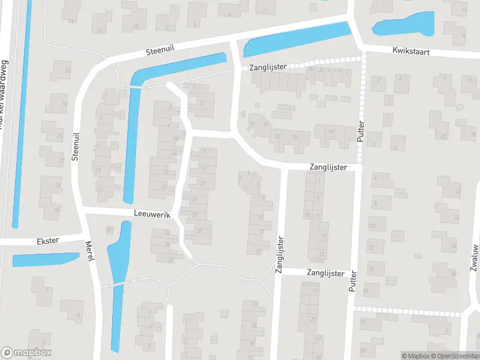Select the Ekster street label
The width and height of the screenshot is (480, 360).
point(47,241)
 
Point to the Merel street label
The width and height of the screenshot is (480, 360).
point(90,251)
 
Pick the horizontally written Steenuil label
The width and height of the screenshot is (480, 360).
point(160,52)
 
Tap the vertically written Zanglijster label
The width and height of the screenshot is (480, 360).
point(279,255)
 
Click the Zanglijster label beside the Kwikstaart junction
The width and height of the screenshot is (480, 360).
point(268,67)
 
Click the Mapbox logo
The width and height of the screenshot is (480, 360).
point(26,353)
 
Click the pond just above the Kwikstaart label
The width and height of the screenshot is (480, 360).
point(403,25)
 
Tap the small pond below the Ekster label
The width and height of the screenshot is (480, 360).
point(45,260)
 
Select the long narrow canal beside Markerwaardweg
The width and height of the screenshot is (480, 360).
point(22,120)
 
